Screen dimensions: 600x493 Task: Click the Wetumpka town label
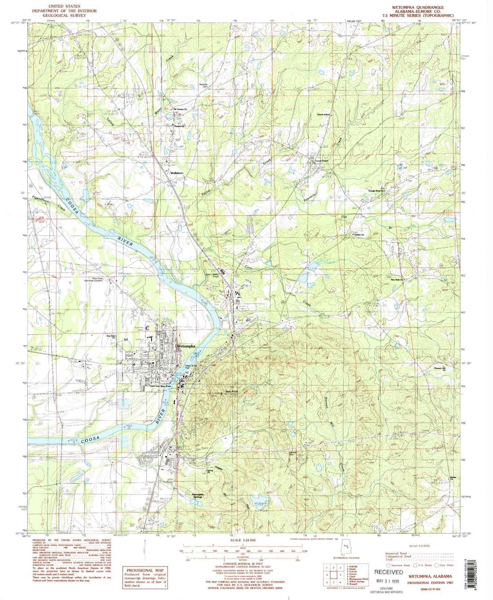pyautogui.click(x=186, y=346)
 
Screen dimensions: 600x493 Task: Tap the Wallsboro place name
pyautogui.click(x=177, y=173)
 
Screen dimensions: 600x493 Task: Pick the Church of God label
pyautogui.click(x=323, y=115)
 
